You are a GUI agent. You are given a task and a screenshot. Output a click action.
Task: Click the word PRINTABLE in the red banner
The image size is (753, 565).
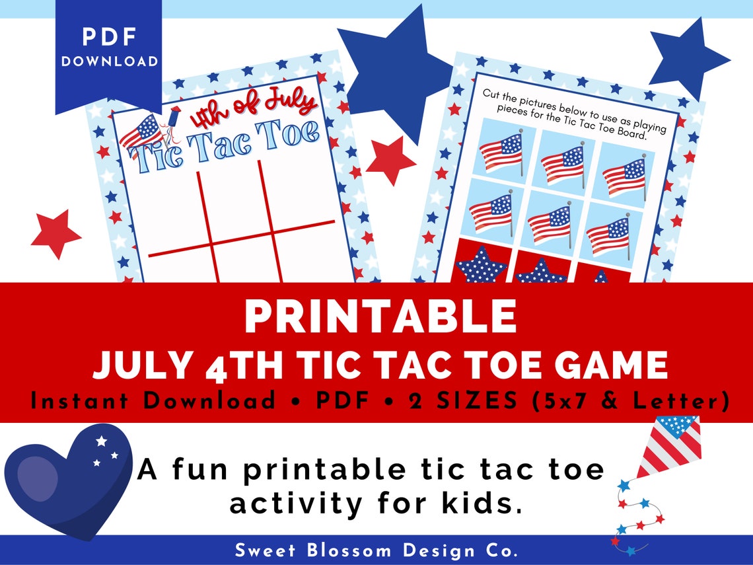[380, 317]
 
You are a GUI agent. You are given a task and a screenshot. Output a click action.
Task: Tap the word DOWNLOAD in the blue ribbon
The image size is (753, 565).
[110, 61]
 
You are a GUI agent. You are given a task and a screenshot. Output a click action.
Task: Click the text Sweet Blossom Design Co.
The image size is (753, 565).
[377, 550]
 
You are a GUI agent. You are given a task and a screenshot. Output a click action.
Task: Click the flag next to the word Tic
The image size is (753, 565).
[141, 131]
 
